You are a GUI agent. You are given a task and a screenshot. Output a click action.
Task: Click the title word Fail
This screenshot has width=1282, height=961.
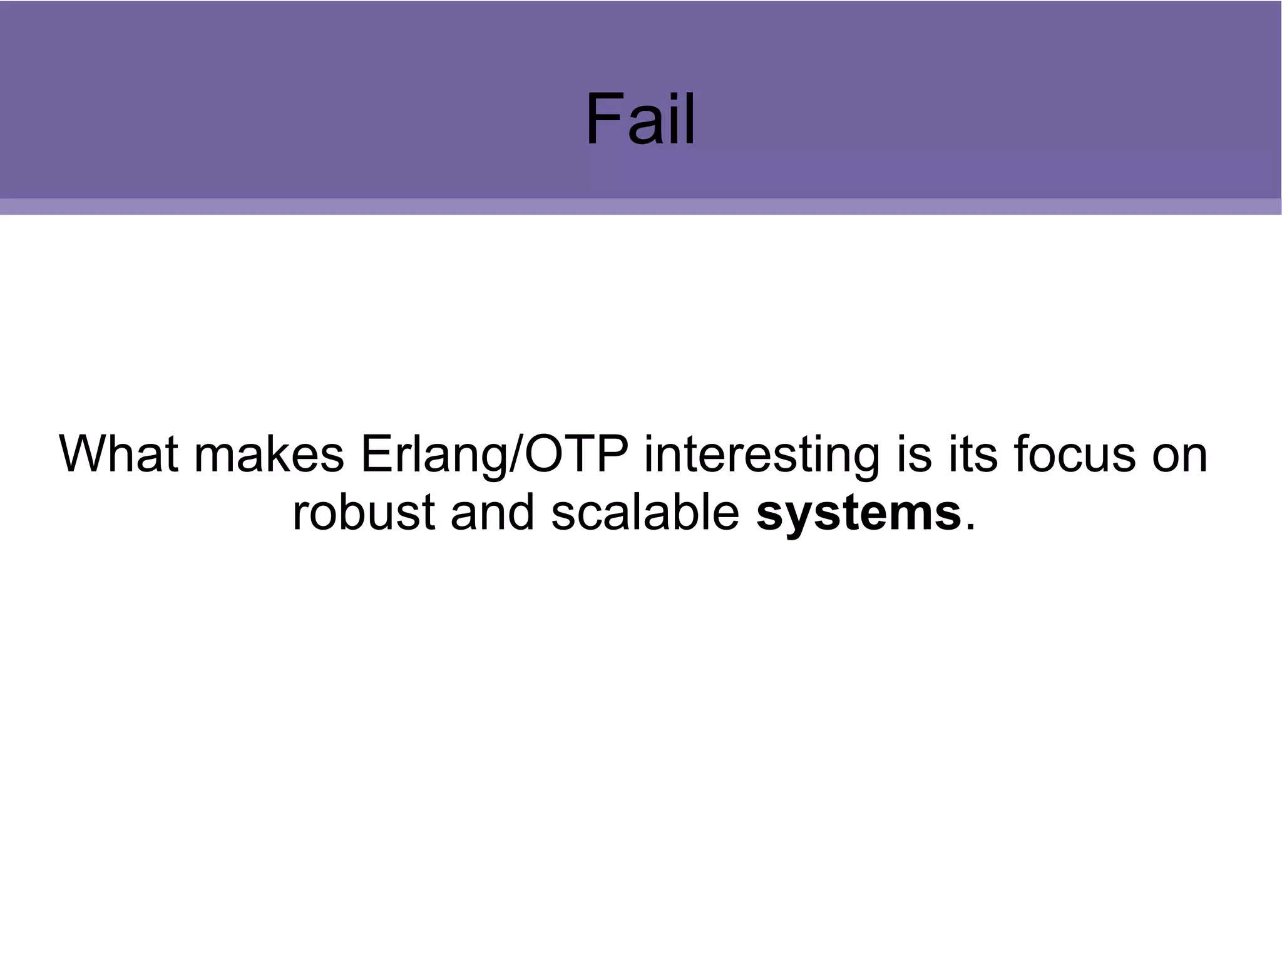coord(640,119)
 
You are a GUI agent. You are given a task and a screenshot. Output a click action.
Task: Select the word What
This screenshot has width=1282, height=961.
coord(119,454)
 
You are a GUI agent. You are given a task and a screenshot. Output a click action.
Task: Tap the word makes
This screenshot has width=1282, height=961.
coord(269,454)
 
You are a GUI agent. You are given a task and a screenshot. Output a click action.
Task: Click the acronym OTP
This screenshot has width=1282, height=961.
coord(576,454)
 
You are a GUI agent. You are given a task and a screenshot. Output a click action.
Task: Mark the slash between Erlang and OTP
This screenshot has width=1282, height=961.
coord(515,454)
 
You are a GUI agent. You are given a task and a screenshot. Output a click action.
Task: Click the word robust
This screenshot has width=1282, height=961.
coord(363,512)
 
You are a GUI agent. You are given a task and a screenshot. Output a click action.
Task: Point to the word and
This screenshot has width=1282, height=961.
coord(492,512)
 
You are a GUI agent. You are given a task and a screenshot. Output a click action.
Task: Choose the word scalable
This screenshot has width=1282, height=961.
coord(645,512)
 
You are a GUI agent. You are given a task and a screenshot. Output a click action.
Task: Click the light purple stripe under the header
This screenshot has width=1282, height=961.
coord(641,207)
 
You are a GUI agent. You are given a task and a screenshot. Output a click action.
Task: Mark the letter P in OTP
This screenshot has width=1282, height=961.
coord(613,454)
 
